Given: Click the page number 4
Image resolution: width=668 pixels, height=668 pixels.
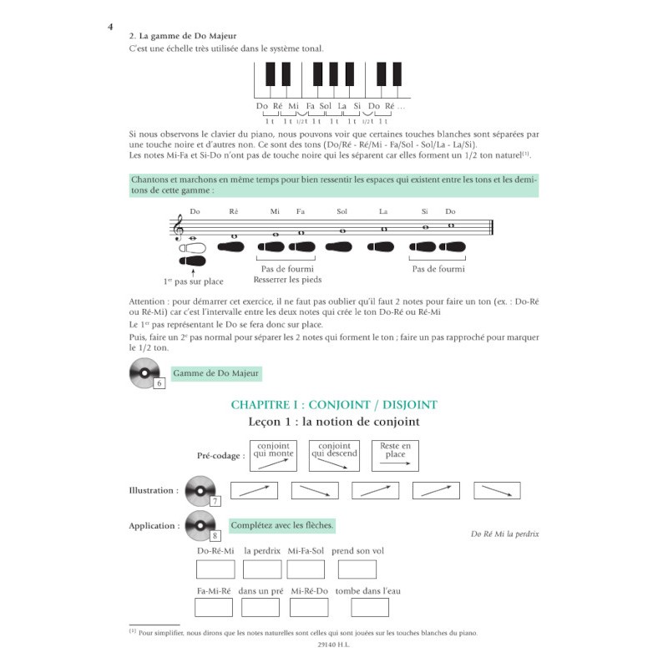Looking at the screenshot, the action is (x=110, y=27).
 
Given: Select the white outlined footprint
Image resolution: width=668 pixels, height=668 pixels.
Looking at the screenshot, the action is (x=193, y=248).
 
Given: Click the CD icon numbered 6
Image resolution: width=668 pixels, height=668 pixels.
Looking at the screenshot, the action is (x=145, y=373).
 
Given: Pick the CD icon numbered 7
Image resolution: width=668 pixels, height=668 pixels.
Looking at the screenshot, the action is (x=201, y=491).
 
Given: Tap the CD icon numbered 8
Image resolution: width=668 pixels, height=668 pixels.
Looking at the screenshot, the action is (x=201, y=526).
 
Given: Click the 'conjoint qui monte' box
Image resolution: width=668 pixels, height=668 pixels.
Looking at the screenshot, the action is (x=273, y=456).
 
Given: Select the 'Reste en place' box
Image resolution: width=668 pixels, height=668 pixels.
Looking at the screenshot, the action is (x=395, y=456).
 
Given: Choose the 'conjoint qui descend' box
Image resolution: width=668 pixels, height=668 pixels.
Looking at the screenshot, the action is (x=335, y=456).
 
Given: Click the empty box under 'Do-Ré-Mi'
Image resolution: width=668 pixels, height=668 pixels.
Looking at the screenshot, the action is (x=215, y=569).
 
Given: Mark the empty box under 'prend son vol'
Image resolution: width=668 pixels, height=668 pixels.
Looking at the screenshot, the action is (x=357, y=569).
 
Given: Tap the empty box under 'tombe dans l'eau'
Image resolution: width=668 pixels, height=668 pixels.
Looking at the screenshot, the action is (x=370, y=608).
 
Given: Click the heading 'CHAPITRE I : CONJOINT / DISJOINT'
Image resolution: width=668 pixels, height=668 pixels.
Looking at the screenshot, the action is (x=334, y=405).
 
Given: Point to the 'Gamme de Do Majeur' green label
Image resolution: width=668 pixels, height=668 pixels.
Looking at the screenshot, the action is (x=216, y=373).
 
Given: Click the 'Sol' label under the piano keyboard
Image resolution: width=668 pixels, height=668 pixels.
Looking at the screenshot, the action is (x=326, y=106).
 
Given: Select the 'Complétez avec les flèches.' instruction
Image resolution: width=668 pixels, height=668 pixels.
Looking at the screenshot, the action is (x=281, y=526).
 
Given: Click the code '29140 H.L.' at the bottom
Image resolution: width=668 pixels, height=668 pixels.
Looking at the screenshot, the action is (x=333, y=645).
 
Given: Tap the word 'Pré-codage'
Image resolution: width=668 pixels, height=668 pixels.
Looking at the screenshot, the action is (x=218, y=456).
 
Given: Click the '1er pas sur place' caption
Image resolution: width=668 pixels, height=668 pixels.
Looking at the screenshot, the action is (x=194, y=281).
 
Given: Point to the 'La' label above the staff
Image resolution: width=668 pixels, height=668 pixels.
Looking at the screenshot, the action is (x=383, y=211).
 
